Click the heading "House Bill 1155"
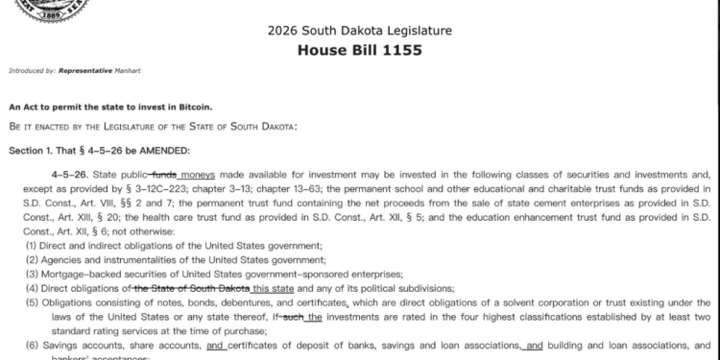[360, 50]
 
